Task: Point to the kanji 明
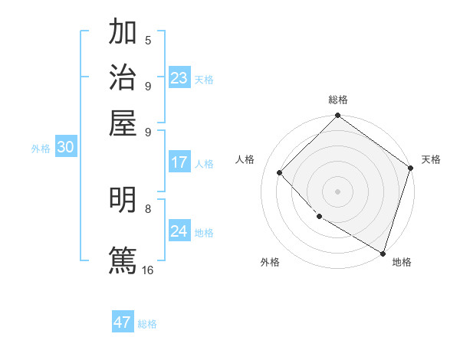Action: [x=123, y=200]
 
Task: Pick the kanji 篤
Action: [x=123, y=260]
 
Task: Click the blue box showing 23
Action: [x=179, y=78]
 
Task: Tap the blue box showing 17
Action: [x=179, y=162]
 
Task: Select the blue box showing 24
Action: [x=179, y=231]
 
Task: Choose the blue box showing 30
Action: [x=65, y=148]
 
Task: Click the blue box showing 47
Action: [x=123, y=322]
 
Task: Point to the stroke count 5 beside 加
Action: [x=148, y=41]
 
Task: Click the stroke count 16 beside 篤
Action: [x=148, y=270]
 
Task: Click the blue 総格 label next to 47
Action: [x=147, y=324]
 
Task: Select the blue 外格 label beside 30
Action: [x=41, y=149]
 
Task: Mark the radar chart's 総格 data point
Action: [x=337, y=116]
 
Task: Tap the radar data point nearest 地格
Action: [x=383, y=252]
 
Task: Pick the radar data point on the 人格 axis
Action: [x=280, y=172]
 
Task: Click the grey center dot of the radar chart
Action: [x=337, y=191]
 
